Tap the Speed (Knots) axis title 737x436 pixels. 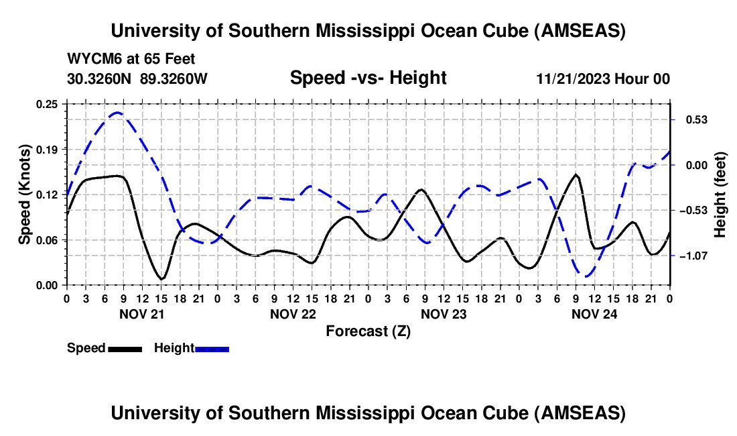pyautogui.click(x=25, y=195)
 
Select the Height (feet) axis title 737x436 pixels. pyautogui.click(x=720, y=195)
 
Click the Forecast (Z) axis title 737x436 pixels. pyautogui.click(x=368, y=331)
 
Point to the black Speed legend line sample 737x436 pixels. pyautogui.click(x=125, y=348)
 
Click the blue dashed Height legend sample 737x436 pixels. pyautogui.click(x=212, y=348)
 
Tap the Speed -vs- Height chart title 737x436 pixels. pyautogui.click(x=368, y=78)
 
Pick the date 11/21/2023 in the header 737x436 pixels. pyautogui.click(x=573, y=78)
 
